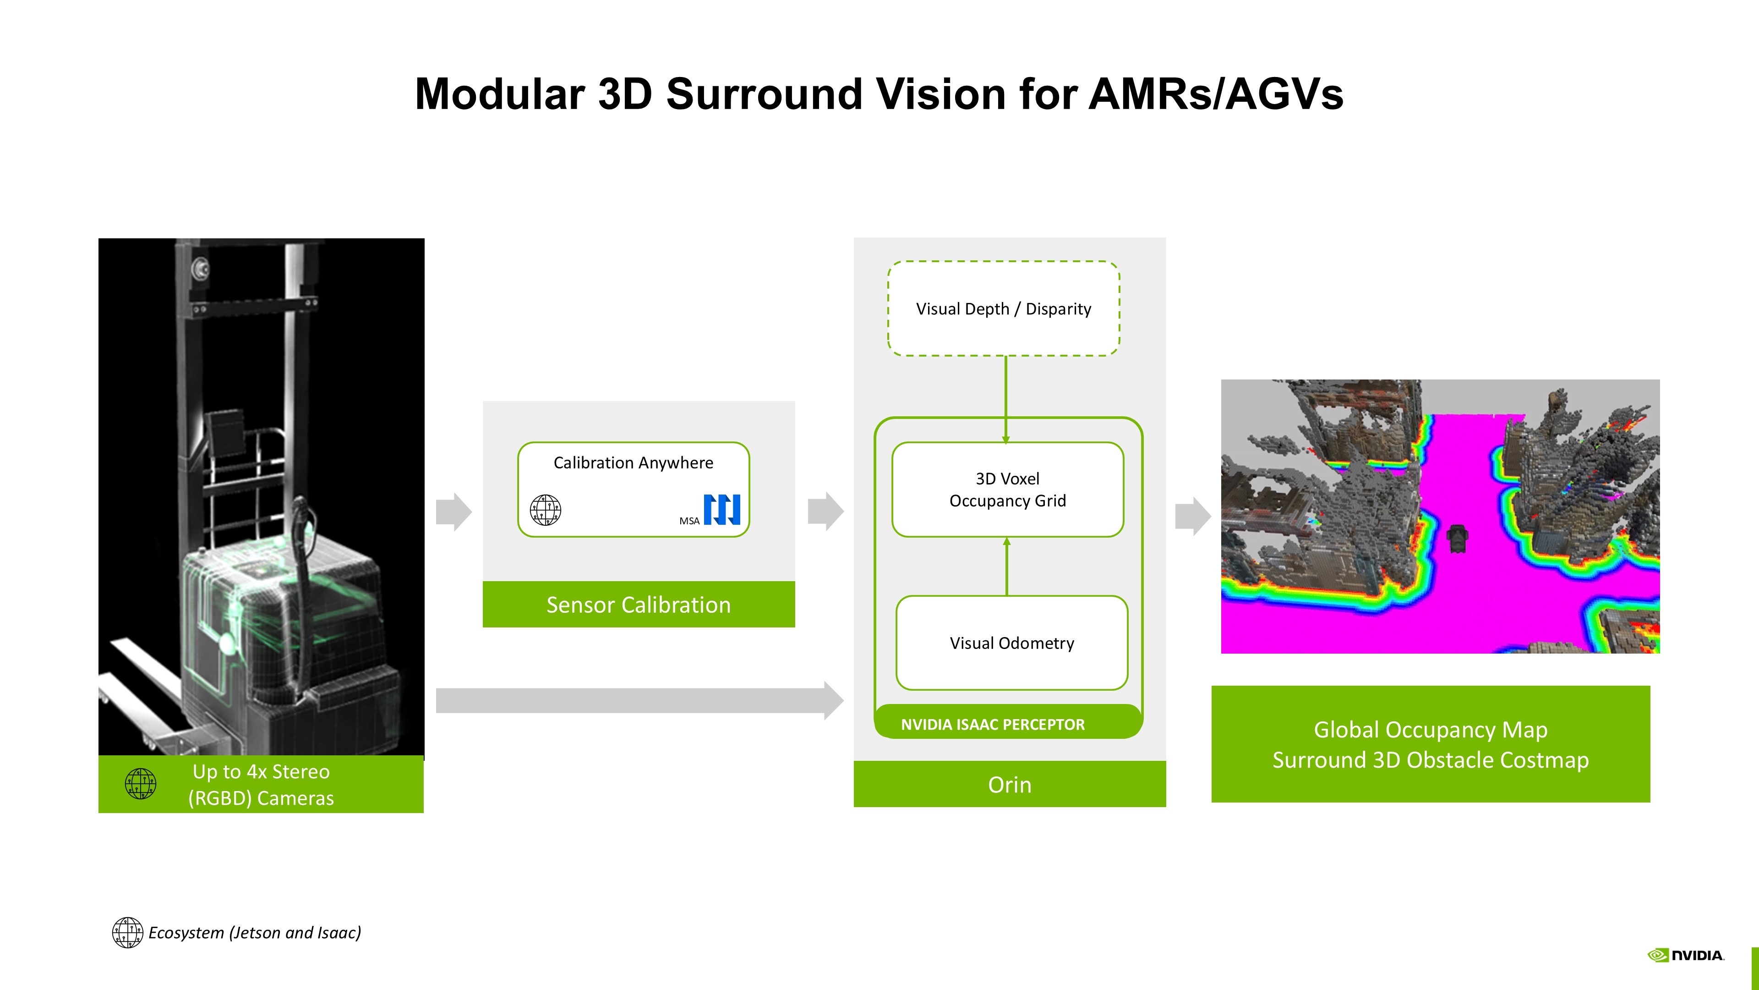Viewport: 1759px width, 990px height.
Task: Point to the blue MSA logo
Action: point(722,510)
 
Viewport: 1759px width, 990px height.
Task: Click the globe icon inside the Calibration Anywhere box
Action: point(546,510)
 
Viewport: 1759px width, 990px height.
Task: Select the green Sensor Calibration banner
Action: point(639,604)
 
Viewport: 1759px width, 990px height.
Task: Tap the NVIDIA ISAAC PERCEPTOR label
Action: point(992,724)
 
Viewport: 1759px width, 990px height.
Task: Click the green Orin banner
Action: point(1009,784)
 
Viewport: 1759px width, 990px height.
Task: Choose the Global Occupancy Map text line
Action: point(1431,730)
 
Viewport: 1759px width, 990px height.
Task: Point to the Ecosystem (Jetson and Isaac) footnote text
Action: point(255,933)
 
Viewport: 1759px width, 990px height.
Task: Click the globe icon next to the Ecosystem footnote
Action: point(128,933)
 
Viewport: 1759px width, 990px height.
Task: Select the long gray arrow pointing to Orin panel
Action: point(640,700)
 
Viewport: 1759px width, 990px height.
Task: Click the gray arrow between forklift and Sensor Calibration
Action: point(454,511)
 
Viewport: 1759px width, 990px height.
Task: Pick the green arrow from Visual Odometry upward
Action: point(1006,566)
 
